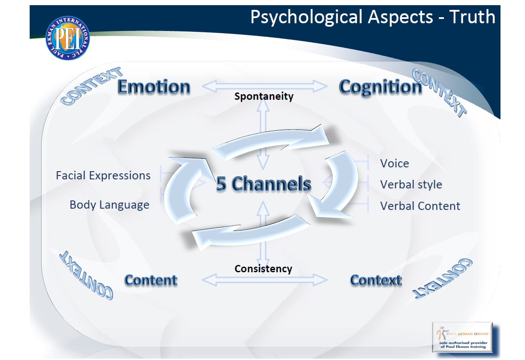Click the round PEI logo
(x=68, y=38)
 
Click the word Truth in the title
(x=472, y=17)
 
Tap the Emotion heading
(x=154, y=87)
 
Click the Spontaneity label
(x=264, y=96)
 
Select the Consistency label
(x=263, y=269)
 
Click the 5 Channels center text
(x=263, y=184)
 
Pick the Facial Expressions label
(x=103, y=175)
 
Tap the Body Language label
(x=109, y=205)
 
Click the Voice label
(x=394, y=163)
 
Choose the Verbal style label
(x=411, y=185)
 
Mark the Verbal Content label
(x=420, y=206)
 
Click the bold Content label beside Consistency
(x=150, y=280)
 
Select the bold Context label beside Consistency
(x=376, y=280)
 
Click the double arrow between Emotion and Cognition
(x=264, y=86)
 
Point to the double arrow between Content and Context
(x=264, y=280)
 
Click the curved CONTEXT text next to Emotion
(x=90, y=86)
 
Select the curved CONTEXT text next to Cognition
(x=439, y=92)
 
